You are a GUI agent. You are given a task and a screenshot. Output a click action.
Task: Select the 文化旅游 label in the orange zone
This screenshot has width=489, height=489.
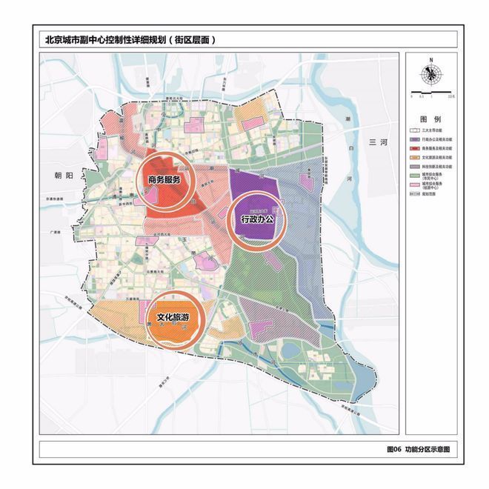coord(176,319)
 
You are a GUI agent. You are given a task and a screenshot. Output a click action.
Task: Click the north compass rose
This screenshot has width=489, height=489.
coord(430,74)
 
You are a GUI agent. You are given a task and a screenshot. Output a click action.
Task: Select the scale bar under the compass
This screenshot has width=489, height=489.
coord(430,94)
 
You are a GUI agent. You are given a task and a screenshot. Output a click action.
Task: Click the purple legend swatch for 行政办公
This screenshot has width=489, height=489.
coord(415,139)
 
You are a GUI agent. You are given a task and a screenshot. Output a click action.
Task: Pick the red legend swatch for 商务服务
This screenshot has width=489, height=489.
coord(415,148)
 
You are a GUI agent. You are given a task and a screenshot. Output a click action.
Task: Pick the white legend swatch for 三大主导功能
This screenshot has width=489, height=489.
coord(415,129)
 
